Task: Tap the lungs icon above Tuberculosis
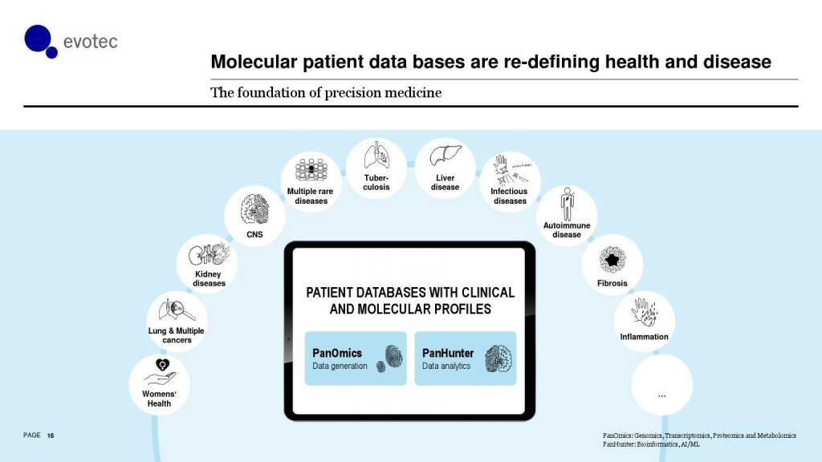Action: (x=376, y=155)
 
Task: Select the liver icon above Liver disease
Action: (x=446, y=156)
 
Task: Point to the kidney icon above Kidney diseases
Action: (x=209, y=255)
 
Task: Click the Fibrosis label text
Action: (x=612, y=283)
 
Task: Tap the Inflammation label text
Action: (x=645, y=337)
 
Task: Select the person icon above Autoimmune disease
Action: (x=568, y=205)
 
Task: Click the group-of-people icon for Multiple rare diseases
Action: (x=311, y=170)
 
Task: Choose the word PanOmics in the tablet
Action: (x=337, y=353)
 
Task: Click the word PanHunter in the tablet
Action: (x=448, y=353)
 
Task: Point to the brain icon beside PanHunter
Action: (x=498, y=359)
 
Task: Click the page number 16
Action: (x=51, y=436)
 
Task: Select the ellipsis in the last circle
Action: (x=662, y=396)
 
